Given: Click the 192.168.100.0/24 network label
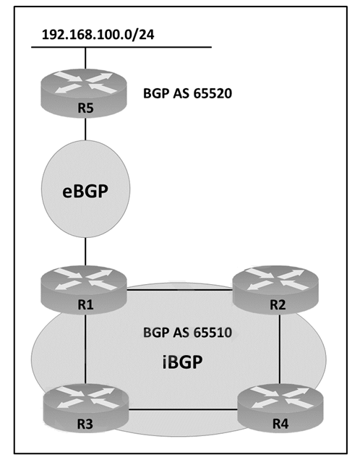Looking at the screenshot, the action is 98,35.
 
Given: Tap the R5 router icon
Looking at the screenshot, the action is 84,93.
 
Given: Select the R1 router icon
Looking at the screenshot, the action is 84,290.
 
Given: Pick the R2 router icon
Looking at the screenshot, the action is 275,290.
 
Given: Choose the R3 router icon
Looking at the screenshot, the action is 86,409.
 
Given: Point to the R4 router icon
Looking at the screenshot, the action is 280,409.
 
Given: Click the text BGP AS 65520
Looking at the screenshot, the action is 187,94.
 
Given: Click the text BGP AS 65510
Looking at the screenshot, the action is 187,333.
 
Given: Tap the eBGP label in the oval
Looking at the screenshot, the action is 85,191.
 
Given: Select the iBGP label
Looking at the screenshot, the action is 183,362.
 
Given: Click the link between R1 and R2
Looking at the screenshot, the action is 180,289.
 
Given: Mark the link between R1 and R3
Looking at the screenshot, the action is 86,349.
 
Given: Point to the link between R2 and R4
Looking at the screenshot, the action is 280,349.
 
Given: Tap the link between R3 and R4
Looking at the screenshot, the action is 184,410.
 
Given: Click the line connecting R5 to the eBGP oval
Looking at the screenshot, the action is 85,129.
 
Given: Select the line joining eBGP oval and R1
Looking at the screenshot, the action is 85,252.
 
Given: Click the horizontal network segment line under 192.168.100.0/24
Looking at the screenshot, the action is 121,47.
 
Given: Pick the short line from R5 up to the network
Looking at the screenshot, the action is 85,59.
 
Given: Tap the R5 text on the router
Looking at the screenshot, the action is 85,108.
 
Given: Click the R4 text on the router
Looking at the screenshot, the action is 280,424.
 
